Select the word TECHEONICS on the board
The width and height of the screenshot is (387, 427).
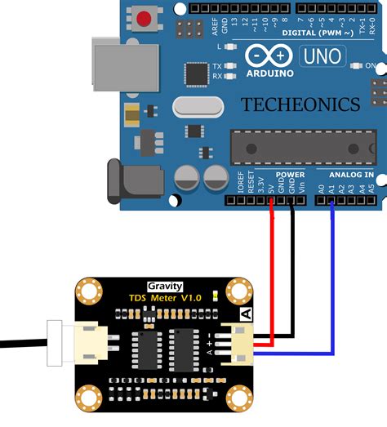(300, 105)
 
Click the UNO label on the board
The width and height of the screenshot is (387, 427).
(323, 56)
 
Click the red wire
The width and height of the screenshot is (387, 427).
(272, 278)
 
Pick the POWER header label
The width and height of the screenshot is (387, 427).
(290, 175)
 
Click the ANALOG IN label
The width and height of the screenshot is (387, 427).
(351, 175)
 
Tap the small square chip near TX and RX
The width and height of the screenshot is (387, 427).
(197, 73)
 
